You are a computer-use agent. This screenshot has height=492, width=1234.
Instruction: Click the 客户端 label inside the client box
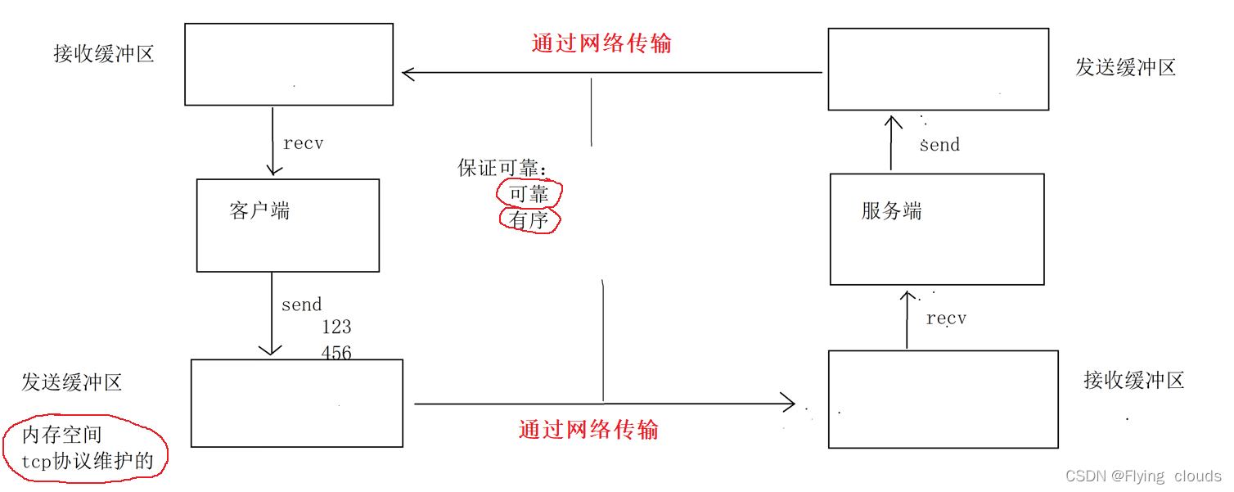pyautogui.click(x=260, y=211)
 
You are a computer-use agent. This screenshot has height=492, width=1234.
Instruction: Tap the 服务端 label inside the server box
pyautogui.click(x=892, y=211)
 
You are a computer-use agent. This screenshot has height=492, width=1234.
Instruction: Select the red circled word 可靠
pyautogui.click(x=529, y=194)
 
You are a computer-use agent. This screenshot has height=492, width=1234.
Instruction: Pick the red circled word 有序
pyautogui.click(x=529, y=220)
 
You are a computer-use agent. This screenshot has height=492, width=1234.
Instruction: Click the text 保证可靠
pyautogui.click(x=501, y=169)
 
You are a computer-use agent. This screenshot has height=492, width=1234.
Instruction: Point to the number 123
pyautogui.click(x=336, y=327)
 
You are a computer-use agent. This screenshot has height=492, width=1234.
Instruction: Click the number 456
pyautogui.click(x=336, y=353)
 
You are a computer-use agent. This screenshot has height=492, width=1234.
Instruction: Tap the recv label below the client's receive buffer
pyautogui.click(x=304, y=143)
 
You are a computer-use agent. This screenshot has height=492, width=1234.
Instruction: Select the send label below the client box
pyautogui.click(x=302, y=305)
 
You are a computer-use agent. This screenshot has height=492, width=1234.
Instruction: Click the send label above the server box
pyautogui.click(x=939, y=145)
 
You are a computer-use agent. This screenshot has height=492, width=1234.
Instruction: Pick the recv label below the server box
pyautogui.click(x=946, y=318)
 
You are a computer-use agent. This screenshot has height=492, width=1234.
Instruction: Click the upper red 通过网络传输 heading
pyautogui.click(x=601, y=43)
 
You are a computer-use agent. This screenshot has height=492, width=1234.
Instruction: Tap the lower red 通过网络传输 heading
pyautogui.click(x=588, y=429)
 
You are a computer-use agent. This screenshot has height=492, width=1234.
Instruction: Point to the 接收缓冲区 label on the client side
pyautogui.click(x=104, y=54)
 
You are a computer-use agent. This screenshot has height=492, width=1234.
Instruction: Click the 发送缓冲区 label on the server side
pyautogui.click(x=1125, y=67)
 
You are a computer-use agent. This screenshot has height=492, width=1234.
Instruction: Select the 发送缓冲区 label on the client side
pyautogui.click(x=72, y=382)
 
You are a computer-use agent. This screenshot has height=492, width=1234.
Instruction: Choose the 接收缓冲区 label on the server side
pyautogui.click(x=1134, y=380)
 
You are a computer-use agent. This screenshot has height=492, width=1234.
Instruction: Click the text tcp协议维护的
pyautogui.click(x=88, y=460)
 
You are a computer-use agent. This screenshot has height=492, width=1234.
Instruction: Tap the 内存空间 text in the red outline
pyautogui.click(x=62, y=435)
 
